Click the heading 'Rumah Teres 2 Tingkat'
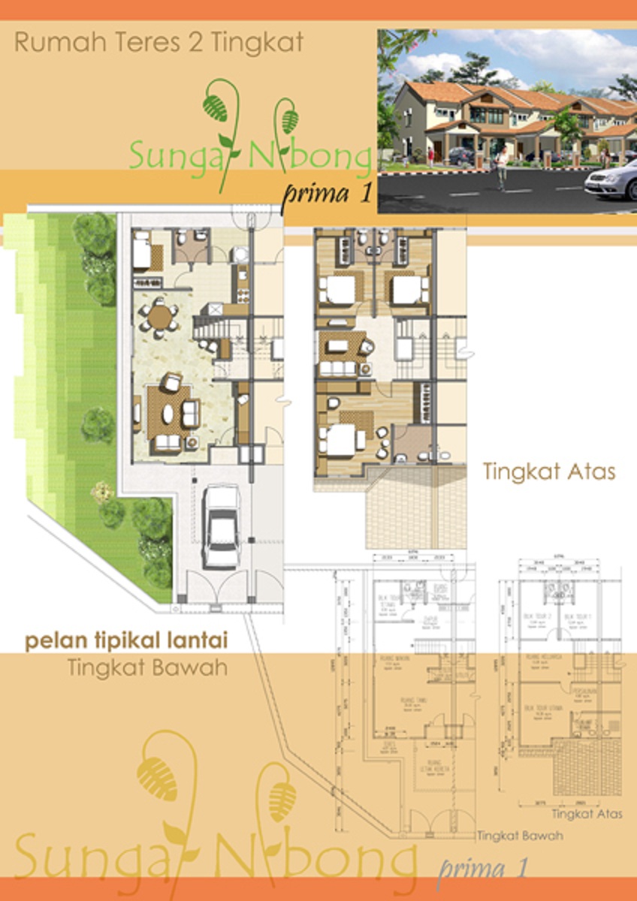158,43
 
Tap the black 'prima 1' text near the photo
328,194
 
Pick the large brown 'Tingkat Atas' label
549,472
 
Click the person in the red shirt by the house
430,155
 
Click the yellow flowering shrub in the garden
99,493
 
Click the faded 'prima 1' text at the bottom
482,869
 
